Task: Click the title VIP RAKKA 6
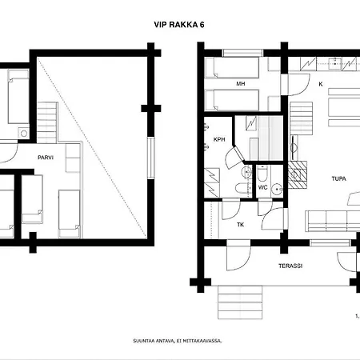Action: [179, 25]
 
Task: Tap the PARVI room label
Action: [46, 158]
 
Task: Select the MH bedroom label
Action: [241, 84]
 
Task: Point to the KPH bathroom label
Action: [219, 139]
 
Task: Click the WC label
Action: [262, 187]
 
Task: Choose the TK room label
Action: [241, 225]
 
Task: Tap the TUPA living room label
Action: [339, 178]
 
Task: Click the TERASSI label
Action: [290, 266]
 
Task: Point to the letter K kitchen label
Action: [321, 84]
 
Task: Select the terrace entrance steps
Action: [240, 302]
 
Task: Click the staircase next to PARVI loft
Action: [47, 122]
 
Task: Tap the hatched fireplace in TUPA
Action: [298, 174]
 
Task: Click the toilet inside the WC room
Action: [262, 174]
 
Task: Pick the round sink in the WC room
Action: [277, 189]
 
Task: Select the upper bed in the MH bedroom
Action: [232, 68]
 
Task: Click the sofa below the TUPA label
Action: [332, 221]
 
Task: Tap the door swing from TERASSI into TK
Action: [238, 255]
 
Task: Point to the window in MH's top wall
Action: [242, 53]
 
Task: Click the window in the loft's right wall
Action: [151, 158]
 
